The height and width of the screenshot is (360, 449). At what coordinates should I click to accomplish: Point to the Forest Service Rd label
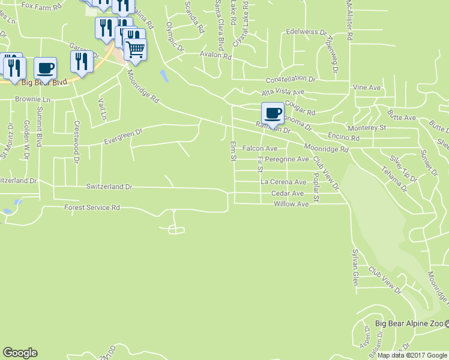(x=92, y=208)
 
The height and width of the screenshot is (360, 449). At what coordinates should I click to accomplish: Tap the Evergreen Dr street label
(x=123, y=136)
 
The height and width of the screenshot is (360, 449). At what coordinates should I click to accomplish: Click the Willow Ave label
(x=291, y=204)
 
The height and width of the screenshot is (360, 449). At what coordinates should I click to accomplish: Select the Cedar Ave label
(x=288, y=193)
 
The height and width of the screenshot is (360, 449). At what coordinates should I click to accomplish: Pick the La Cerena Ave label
(x=283, y=182)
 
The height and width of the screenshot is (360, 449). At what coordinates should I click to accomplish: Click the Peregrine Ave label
(x=287, y=160)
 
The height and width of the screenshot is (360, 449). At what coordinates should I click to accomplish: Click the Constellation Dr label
(x=291, y=79)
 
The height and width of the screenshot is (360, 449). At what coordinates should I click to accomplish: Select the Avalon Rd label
(x=215, y=56)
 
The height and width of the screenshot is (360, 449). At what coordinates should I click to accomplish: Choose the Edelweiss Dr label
(x=306, y=32)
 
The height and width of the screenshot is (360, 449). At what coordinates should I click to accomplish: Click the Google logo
(x=20, y=353)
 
